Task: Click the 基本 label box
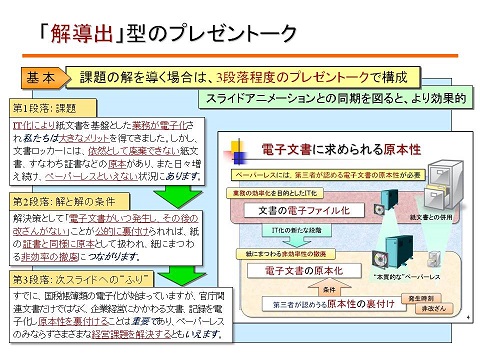[x=42, y=77]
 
